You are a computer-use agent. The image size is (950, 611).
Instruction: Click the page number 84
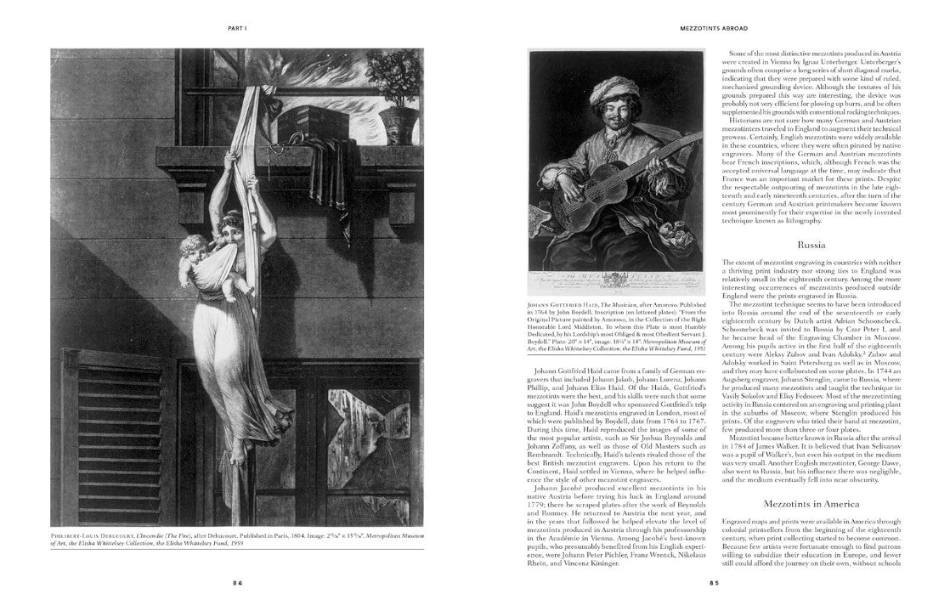coord(239,583)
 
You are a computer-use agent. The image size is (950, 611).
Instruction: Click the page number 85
coord(715,583)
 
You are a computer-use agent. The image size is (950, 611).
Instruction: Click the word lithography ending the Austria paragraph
coord(800,221)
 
